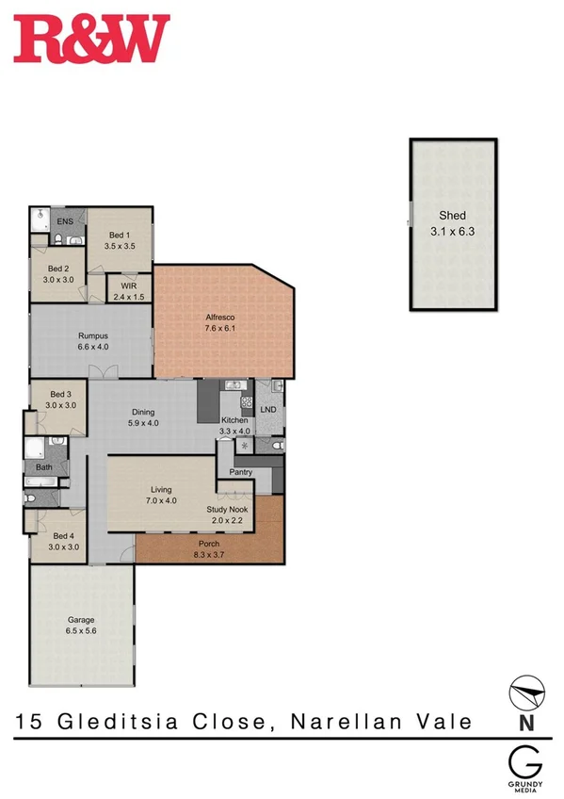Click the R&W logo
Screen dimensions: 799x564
click(91, 39)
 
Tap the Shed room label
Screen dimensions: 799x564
click(447, 222)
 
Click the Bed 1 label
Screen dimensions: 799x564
click(121, 240)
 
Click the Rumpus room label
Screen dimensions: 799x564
click(92, 341)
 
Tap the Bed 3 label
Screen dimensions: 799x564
click(60, 399)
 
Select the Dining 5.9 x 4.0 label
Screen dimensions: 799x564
click(143, 417)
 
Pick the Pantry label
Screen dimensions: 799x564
click(240, 471)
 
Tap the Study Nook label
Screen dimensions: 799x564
click(226, 514)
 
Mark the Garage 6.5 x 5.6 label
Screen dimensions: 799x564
click(80, 626)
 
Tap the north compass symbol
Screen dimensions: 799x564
click(527, 697)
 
